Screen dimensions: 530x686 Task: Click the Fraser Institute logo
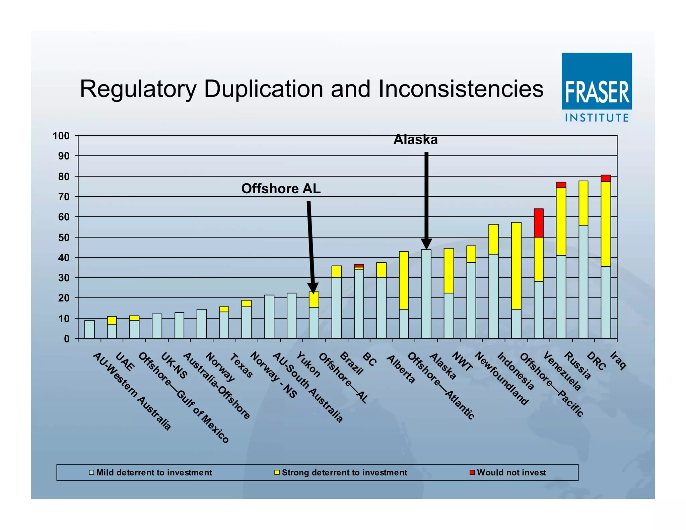(597, 87)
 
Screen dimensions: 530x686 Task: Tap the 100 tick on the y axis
(61, 136)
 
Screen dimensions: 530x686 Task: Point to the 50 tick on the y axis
(64, 238)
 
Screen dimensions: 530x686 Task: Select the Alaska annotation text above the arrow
(415, 140)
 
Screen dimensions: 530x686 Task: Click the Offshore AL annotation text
(281, 189)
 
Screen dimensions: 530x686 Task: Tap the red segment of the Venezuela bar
(539, 223)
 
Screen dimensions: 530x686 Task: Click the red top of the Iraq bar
(606, 178)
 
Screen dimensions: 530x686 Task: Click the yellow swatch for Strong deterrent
(277, 472)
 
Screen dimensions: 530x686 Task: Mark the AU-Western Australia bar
(89, 329)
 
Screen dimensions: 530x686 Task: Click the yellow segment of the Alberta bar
(381, 270)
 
